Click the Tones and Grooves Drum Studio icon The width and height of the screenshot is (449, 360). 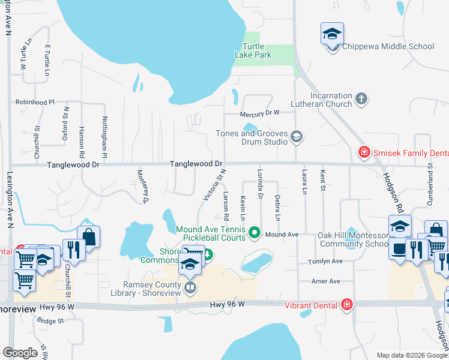tap(296, 137)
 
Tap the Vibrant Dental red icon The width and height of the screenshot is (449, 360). tap(346, 305)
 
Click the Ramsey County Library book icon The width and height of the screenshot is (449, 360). tap(190, 287)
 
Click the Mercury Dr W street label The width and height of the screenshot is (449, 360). tap(260, 112)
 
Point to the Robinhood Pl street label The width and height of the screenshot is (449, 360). tap(35, 103)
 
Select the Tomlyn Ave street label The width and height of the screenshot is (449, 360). tap(325, 262)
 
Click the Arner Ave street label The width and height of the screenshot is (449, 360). tap(325, 281)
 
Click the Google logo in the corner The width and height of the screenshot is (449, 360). tap(20, 353)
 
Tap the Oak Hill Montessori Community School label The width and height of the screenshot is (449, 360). tap(353, 239)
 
